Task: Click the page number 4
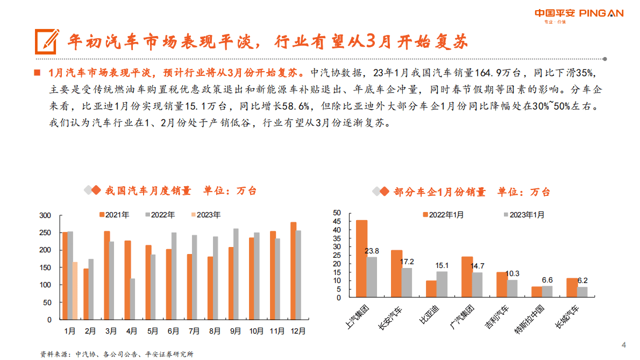(x=623, y=345)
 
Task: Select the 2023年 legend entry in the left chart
(x=205, y=215)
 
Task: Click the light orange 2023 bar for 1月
(x=75, y=291)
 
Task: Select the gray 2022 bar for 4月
(x=132, y=299)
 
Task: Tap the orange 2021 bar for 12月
(x=293, y=271)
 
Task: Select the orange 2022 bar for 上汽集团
(x=361, y=258)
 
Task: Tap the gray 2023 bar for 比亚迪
(x=442, y=284)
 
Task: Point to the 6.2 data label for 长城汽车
(x=582, y=280)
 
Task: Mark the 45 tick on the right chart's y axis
(x=337, y=222)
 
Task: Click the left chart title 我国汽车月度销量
(x=148, y=190)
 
